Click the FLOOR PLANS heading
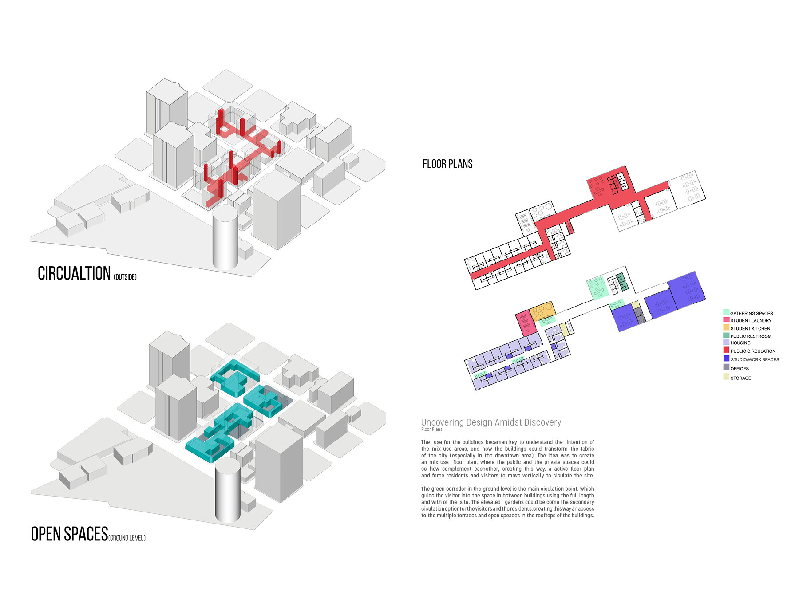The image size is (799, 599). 447,164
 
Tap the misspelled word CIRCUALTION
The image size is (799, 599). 74,273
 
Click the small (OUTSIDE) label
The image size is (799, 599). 125,277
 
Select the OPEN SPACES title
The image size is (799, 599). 69,534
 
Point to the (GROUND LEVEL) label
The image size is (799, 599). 127,538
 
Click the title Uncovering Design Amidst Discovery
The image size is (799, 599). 491,422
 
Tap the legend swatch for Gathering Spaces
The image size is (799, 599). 726,312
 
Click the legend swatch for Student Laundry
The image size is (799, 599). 726,320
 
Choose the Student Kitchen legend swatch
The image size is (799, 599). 726,328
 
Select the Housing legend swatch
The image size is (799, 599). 726,343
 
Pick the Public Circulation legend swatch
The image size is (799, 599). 726,350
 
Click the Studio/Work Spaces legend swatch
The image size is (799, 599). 726,359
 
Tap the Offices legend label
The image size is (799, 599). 740,369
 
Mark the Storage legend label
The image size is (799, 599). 741,378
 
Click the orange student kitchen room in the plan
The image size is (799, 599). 542,311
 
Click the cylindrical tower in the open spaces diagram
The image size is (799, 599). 227,490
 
